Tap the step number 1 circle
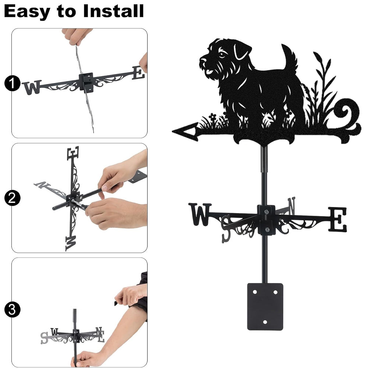click(12, 83)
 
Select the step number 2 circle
click(12, 198)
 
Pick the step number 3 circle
click(12, 309)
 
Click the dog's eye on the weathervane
click(222, 55)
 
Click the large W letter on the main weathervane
click(200, 214)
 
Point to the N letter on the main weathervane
click(291, 206)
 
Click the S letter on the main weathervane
click(226, 229)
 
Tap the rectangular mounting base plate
click(265, 307)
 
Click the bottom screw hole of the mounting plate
click(265, 322)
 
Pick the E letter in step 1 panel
click(138, 73)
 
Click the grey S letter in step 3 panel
click(44, 338)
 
